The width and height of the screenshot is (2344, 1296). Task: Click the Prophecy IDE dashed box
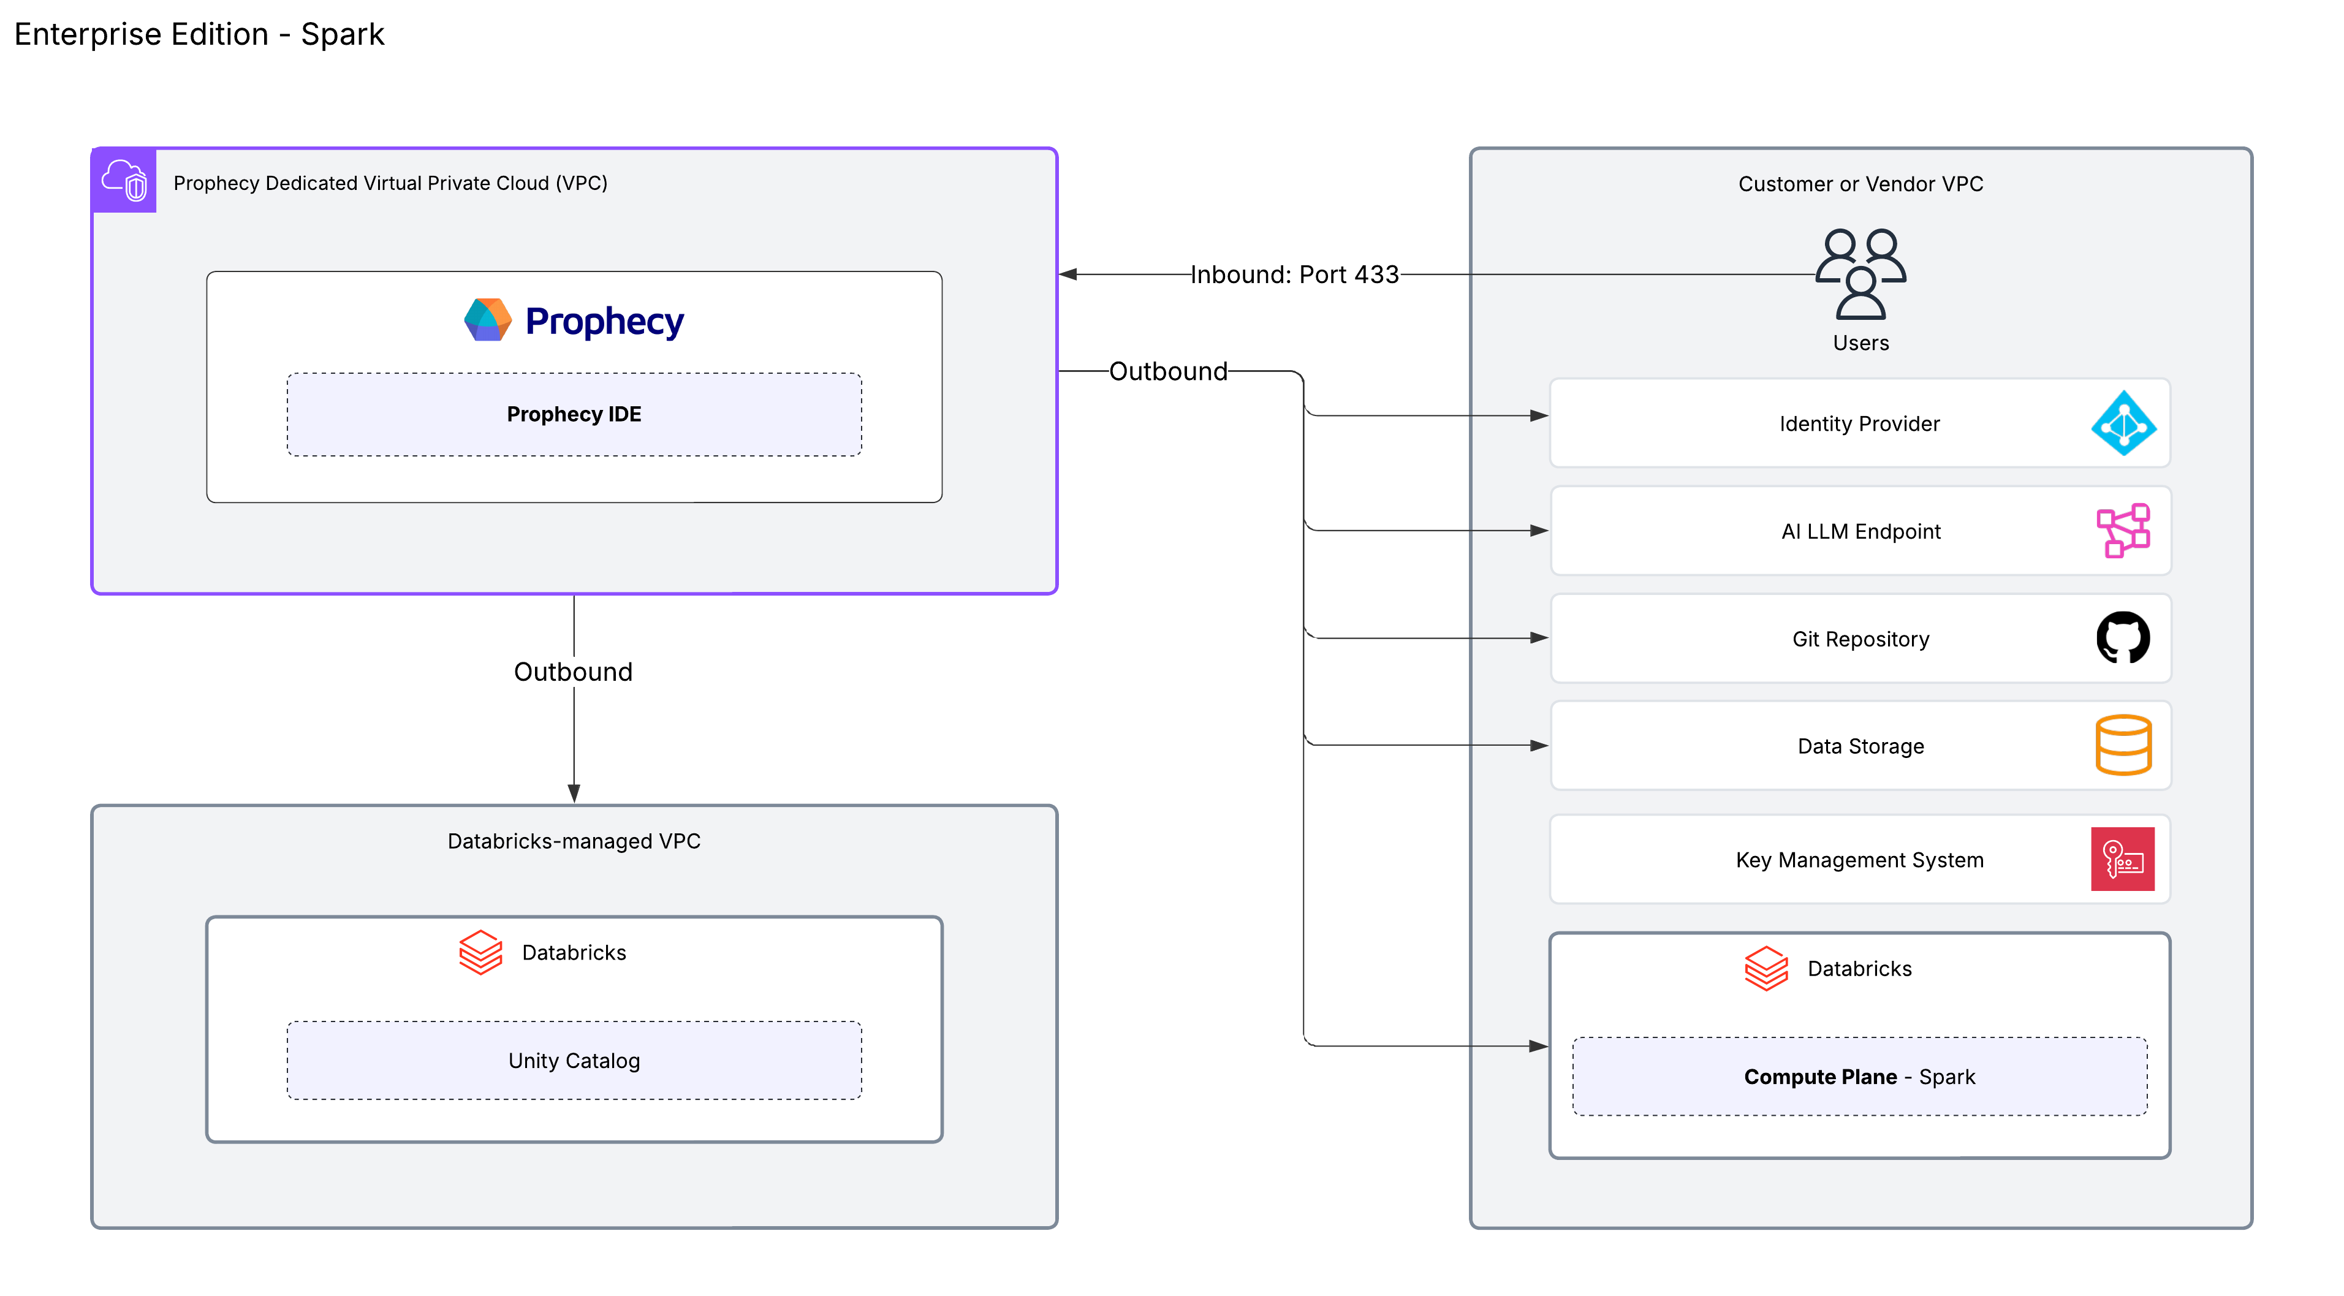click(574, 414)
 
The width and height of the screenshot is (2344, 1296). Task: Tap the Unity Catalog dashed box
click(574, 1060)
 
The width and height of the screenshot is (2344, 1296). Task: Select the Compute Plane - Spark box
click(1859, 1077)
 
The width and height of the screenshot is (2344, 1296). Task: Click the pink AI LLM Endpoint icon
click(2123, 531)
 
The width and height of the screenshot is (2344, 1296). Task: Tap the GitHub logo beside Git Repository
click(2123, 638)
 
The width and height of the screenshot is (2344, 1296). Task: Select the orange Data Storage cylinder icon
click(2123, 745)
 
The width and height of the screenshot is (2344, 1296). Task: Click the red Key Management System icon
click(2122, 859)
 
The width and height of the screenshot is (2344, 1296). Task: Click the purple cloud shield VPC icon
click(124, 180)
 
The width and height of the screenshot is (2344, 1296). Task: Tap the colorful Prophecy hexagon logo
click(488, 320)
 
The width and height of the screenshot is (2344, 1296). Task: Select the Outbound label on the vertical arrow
click(573, 672)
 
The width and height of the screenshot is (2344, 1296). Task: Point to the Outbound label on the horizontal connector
click(1169, 371)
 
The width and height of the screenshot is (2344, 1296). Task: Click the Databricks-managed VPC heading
click(574, 841)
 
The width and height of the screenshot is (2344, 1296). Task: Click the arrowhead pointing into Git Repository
click(1539, 638)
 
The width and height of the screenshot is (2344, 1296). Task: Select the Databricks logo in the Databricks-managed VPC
click(480, 952)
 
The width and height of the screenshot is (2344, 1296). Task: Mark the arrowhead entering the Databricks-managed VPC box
click(574, 794)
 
